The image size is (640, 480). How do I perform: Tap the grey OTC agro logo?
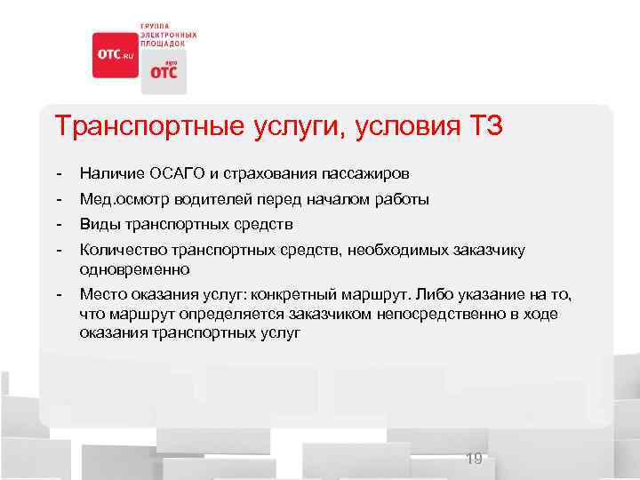162,70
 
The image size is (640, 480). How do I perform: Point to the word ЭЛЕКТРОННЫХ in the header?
166,34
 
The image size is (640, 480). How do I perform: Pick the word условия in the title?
404,126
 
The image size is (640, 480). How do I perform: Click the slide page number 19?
474,459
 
